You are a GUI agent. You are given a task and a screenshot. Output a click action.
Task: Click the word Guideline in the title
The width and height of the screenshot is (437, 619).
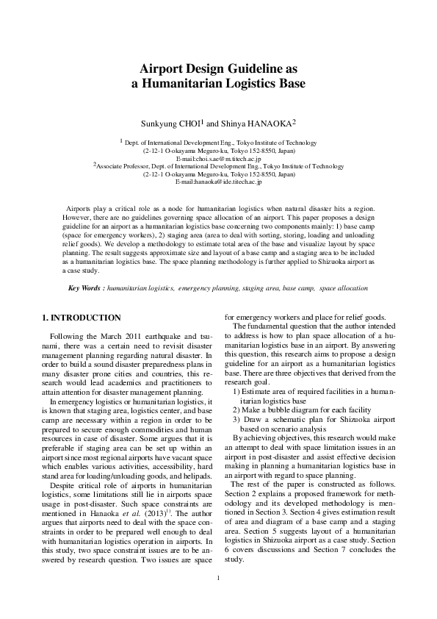click(261, 68)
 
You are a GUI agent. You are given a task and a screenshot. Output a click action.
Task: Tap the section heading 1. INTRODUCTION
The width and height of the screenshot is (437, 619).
click(82, 318)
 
